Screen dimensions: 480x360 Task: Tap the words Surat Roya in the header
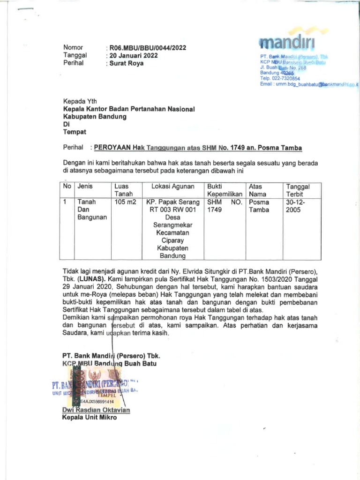(x=126, y=63)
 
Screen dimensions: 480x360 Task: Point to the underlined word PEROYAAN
(x=112, y=148)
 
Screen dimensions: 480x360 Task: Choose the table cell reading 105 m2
(x=124, y=202)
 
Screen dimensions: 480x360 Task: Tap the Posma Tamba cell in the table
(x=259, y=206)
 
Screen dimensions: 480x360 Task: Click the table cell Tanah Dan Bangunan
(x=92, y=210)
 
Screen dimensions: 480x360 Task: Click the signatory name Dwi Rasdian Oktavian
(x=96, y=410)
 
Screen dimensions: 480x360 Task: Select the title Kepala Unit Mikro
(x=90, y=418)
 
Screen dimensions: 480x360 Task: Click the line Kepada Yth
(x=80, y=101)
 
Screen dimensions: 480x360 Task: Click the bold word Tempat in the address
(x=75, y=132)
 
